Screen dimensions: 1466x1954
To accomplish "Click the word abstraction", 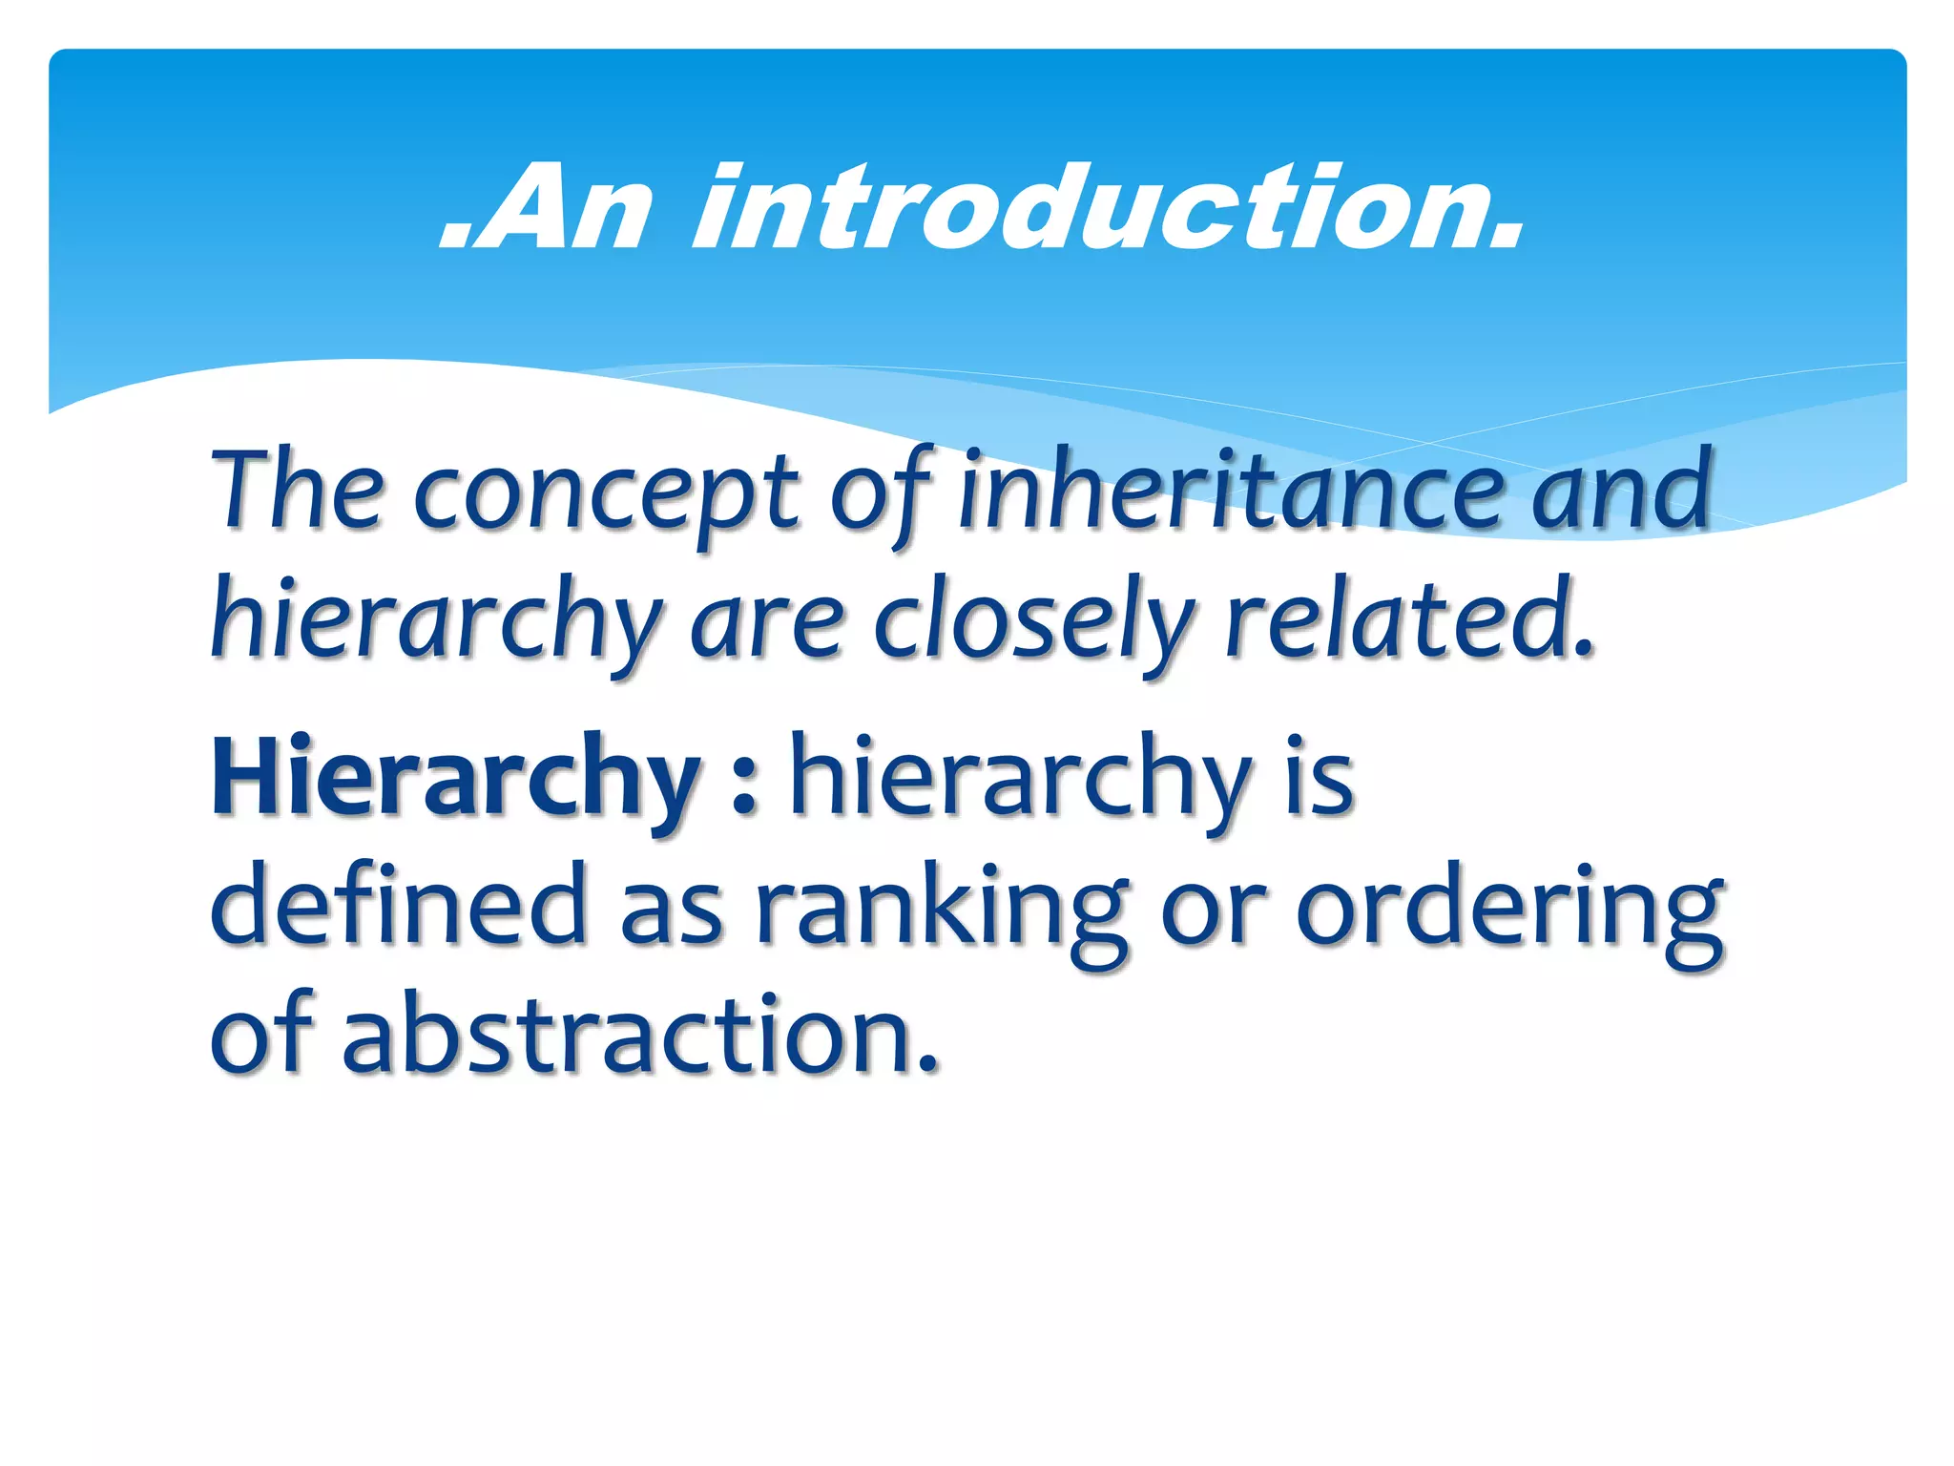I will [x=639, y=1036].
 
